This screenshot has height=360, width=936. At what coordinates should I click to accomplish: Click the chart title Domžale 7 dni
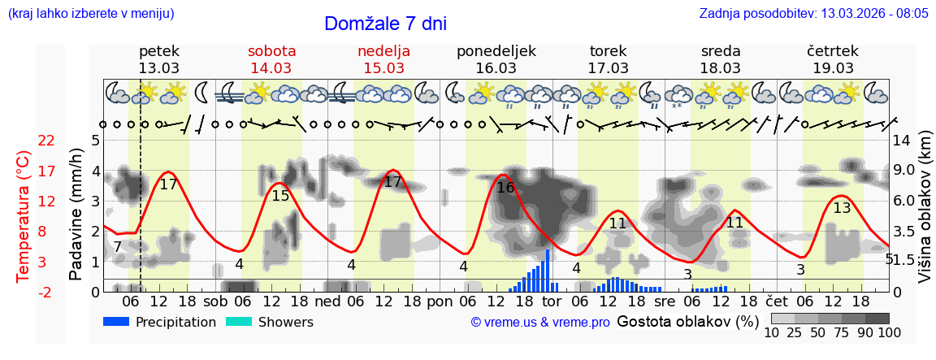[385, 24]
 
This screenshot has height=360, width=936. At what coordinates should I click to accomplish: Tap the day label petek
[159, 51]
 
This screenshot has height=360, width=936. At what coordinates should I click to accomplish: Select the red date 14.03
[271, 68]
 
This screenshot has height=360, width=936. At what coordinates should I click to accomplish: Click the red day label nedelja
[383, 51]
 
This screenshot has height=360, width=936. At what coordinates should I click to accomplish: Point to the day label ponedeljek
[496, 51]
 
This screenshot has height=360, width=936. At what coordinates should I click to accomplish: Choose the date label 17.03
[609, 68]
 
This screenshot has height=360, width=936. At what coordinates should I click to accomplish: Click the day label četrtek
[833, 51]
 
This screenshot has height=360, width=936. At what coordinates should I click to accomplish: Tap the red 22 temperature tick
[46, 141]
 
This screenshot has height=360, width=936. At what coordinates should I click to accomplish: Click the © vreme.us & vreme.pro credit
[540, 323]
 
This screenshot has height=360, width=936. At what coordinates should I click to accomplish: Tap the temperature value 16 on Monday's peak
[505, 188]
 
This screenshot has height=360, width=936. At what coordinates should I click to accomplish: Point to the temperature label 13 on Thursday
[842, 208]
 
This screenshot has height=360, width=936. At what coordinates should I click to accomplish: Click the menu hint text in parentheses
[91, 13]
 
